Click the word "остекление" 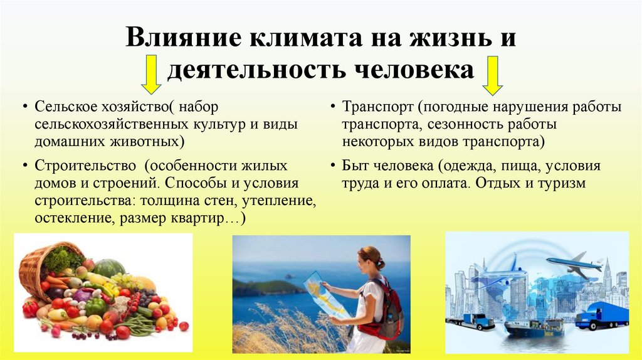(68, 218)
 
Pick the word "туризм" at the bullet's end (562, 184)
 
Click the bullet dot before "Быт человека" (332, 167)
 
